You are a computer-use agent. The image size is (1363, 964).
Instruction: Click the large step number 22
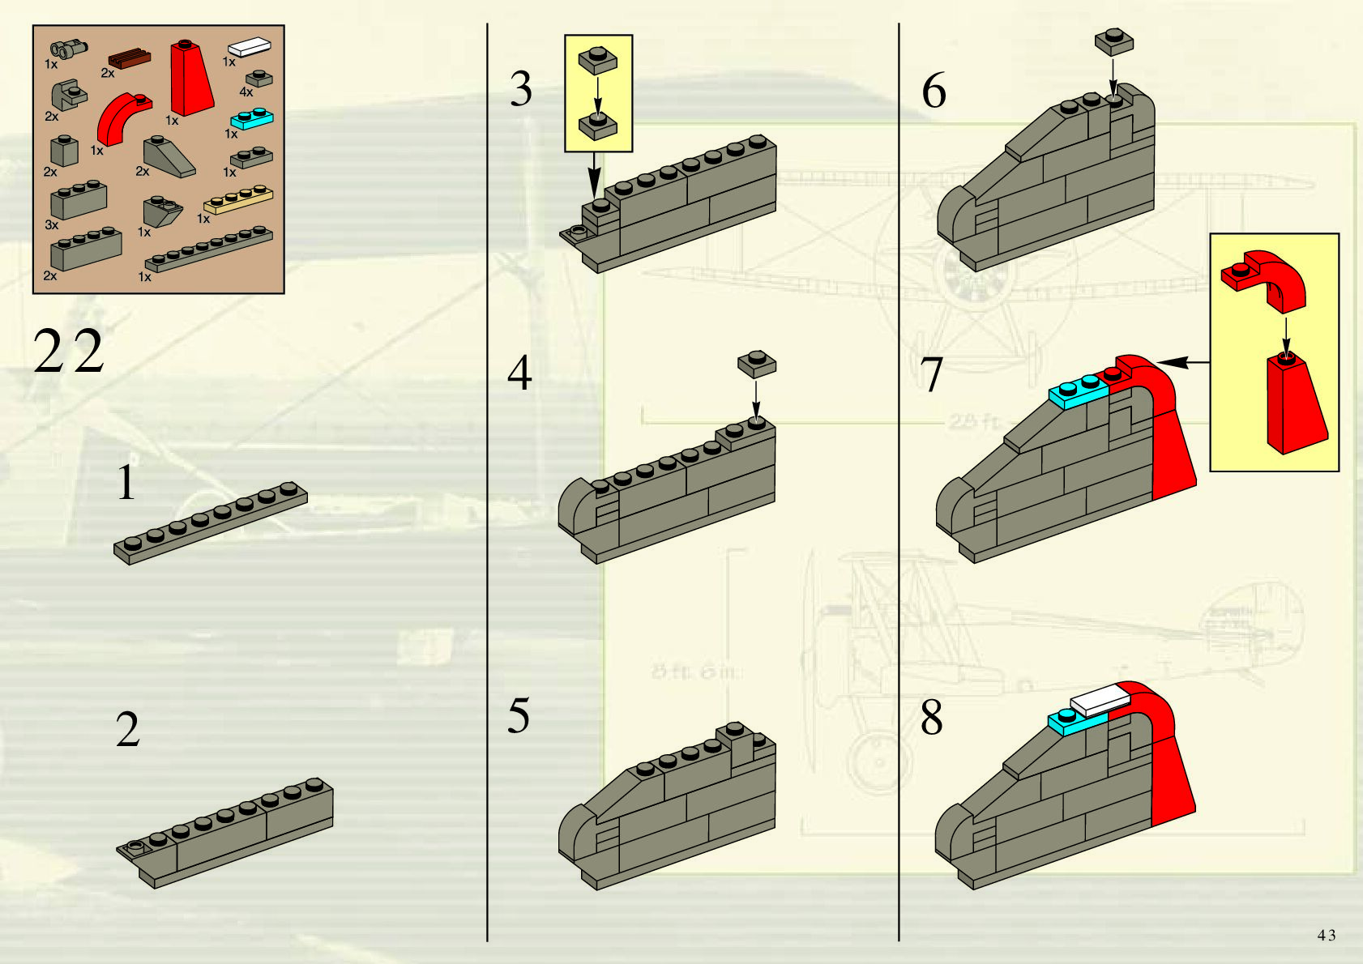point(69,352)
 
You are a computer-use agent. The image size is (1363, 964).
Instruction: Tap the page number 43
point(1326,935)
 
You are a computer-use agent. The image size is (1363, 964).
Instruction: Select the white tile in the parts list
point(249,47)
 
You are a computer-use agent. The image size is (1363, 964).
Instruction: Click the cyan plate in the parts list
point(252,119)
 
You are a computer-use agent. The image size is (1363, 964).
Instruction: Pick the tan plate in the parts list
point(238,199)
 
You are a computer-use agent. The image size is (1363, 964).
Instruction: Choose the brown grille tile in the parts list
point(130,59)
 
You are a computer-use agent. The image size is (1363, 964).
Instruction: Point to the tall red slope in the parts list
point(191,79)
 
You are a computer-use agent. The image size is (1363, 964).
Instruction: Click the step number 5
point(519,716)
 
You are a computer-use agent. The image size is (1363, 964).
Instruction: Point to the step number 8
point(932,718)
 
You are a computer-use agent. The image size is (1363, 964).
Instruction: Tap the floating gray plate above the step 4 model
point(756,363)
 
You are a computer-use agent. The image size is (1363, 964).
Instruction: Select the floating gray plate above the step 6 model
point(1113,42)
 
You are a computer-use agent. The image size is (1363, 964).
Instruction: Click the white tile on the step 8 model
point(1100,698)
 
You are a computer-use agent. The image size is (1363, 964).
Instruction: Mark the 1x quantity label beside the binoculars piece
point(51,64)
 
